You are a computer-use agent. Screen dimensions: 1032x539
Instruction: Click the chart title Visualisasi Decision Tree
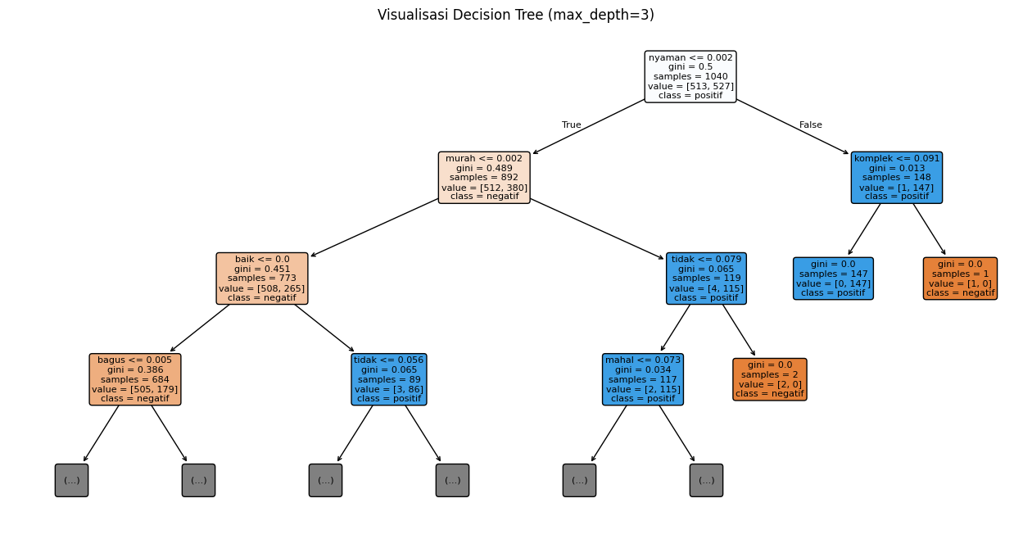515,15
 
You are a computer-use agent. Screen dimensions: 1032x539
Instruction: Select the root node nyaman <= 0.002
690,76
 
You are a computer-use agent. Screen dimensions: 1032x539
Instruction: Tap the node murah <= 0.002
484,178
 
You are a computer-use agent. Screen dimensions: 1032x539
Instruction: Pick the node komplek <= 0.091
897,178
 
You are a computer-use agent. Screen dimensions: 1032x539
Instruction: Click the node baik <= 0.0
262,279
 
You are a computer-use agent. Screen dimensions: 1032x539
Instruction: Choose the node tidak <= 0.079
706,279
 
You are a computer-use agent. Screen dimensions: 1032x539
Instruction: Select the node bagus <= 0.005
135,379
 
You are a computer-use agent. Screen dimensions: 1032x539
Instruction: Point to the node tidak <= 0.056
389,379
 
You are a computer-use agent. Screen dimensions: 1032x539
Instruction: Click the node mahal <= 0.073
643,379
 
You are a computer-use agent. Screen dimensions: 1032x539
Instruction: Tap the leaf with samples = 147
833,279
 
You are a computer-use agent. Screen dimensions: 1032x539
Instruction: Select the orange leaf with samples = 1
960,279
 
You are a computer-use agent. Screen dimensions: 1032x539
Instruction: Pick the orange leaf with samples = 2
769,379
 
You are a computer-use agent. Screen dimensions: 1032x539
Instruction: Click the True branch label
572,125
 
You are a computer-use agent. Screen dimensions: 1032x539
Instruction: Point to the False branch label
810,125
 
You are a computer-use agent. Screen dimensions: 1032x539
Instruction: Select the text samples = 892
484,178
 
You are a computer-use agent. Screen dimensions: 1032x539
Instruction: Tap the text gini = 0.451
262,269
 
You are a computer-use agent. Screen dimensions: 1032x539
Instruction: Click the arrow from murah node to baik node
374,228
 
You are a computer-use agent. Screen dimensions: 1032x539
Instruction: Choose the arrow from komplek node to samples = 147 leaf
864,229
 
